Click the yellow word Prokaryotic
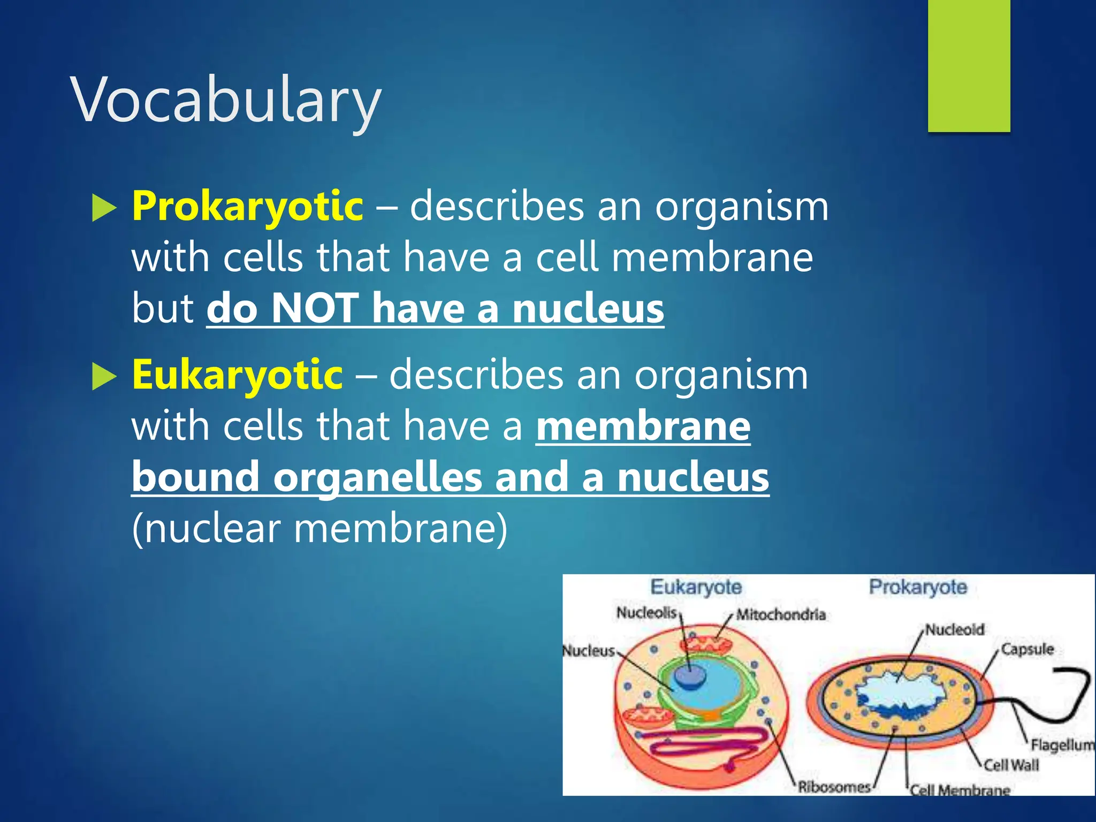[248, 206]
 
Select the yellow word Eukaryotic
[237, 375]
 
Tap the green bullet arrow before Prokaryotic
[103, 208]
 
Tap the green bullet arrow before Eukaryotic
[103, 376]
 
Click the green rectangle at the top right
[969, 65]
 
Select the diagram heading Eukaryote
[696, 587]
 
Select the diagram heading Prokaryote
[918, 587]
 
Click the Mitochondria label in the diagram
[781, 615]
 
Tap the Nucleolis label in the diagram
[646, 612]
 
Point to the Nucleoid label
[955, 630]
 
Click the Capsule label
[1027, 649]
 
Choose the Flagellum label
[1062, 745]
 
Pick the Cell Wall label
[1011, 765]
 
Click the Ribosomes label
[834, 787]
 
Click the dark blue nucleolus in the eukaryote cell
[690, 676]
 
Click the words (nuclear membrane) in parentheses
[319, 529]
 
